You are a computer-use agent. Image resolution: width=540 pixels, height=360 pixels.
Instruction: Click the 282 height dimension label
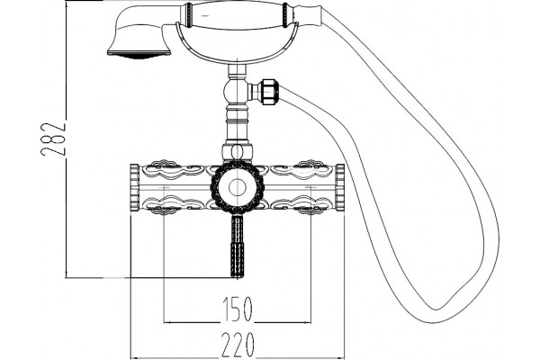53,139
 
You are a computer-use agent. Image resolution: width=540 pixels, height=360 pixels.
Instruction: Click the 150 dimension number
238,309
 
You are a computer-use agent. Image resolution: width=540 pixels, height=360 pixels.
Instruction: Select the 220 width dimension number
238,345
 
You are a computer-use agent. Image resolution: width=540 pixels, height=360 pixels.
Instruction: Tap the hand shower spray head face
139,54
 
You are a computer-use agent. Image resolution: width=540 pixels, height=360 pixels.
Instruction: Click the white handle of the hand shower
238,14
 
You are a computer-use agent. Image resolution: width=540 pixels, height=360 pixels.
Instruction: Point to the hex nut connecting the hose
269,92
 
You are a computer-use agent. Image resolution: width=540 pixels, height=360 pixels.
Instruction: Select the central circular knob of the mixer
238,188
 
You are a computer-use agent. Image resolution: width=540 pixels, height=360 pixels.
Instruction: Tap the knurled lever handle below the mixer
238,247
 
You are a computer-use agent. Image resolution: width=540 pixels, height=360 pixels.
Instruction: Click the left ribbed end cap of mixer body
134,187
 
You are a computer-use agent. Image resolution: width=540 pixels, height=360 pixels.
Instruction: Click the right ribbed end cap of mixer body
340,187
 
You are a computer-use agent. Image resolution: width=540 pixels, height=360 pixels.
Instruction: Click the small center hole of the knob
238,188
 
